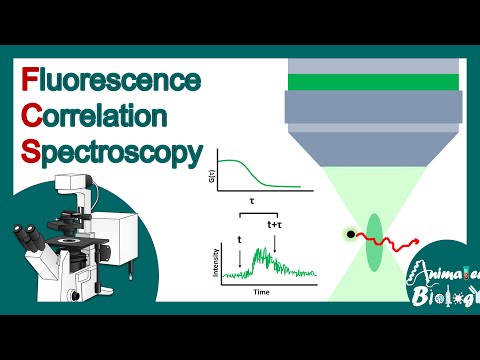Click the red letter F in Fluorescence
pos(28,79)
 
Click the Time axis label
pos(262,294)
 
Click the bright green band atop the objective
pos(373,82)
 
